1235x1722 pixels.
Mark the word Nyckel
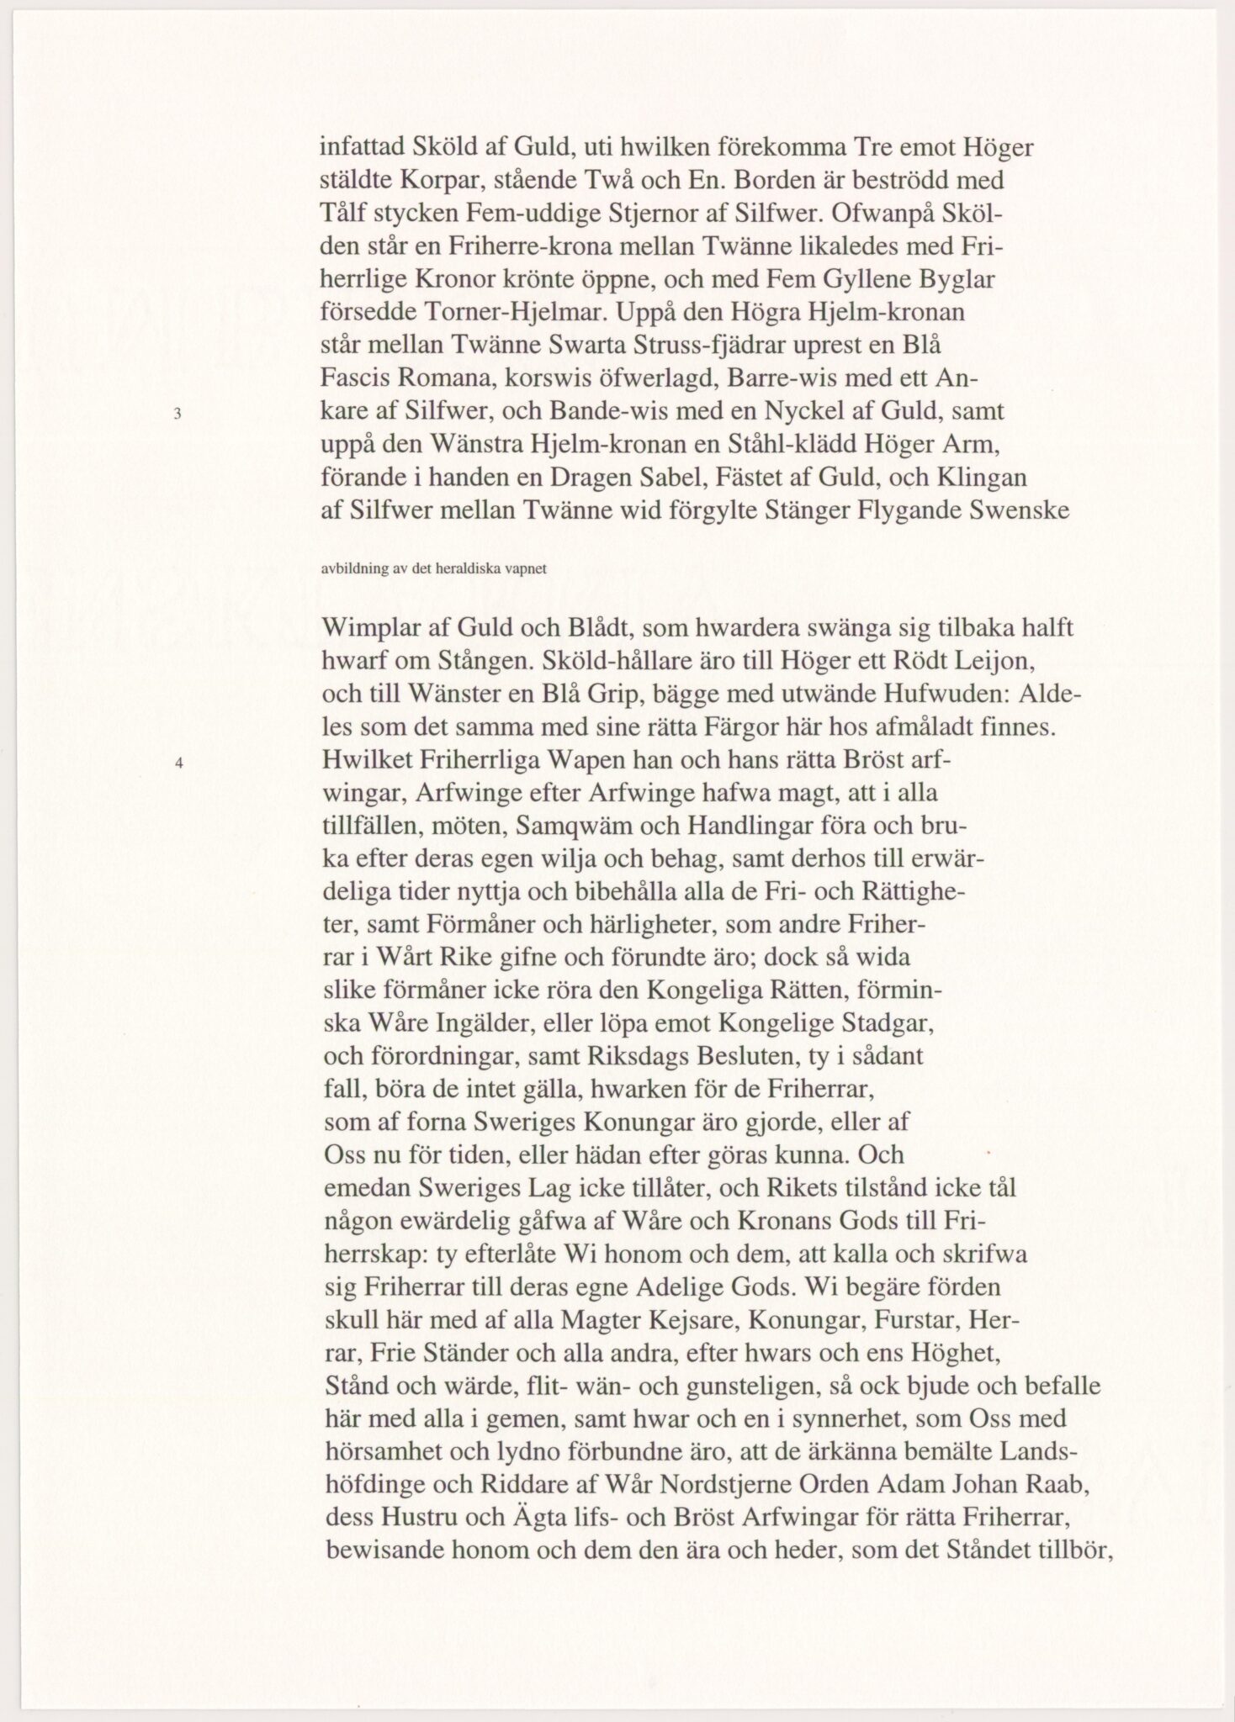[x=803, y=412]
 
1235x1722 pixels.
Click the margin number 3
[x=178, y=413]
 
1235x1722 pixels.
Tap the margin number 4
[x=178, y=764]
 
